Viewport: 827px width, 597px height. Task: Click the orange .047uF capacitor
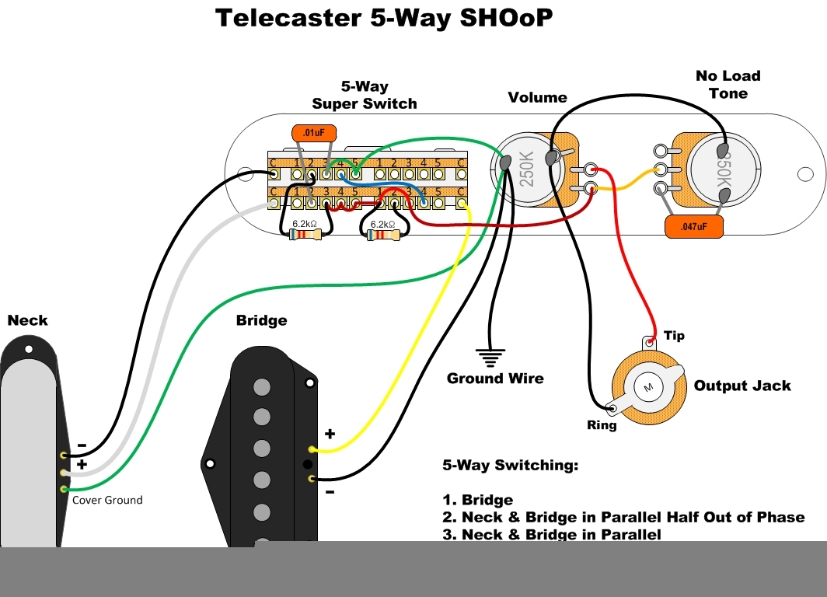coord(694,226)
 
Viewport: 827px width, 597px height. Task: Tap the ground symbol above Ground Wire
coord(489,358)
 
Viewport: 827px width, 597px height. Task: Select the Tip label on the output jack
coord(674,336)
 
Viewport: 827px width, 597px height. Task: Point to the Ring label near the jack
coord(602,425)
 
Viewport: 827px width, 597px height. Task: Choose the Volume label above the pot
coord(537,97)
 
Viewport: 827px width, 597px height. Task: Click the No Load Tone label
coord(728,85)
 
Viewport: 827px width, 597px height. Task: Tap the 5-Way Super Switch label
coord(365,96)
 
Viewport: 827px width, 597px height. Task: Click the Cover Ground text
coord(107,500)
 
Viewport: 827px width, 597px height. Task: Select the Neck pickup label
coord(27,320)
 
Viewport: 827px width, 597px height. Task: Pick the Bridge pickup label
coord(261,320)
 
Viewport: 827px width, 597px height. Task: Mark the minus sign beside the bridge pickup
coord(329,491)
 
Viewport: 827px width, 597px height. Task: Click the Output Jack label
coord(742,386)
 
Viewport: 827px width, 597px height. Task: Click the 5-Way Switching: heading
coord(510,466)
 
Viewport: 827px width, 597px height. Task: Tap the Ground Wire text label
coord(495,379)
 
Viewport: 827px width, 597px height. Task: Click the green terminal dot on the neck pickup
coord(63,488)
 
